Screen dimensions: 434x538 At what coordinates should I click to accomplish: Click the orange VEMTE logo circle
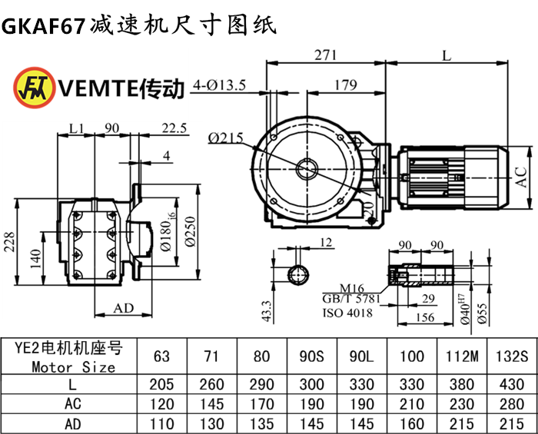[32, 88]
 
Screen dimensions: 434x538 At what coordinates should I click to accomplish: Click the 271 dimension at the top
[326, 55]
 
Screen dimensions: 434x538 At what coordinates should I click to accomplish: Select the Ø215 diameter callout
[225, 137]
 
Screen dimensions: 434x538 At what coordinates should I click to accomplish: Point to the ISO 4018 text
[347, 313]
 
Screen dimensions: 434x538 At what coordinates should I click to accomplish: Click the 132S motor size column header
[510, 356]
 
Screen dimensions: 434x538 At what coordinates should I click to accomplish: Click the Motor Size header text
[74, 366]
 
